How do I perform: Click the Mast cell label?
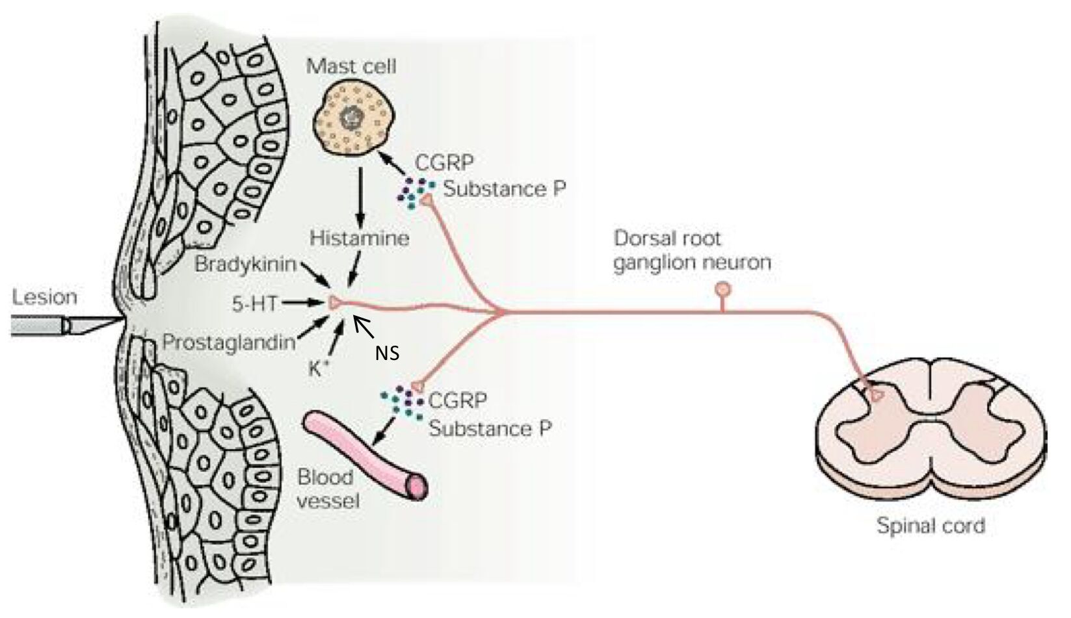351,66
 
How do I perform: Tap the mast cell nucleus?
352,117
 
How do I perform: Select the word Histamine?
360,238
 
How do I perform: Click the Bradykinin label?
246,264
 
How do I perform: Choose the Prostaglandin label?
229,342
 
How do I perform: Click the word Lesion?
44,297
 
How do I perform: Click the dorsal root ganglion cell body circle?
722,289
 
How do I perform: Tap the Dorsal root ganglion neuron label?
693,250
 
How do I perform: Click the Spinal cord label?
931,526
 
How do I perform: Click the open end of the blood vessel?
416,487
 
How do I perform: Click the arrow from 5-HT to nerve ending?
303,302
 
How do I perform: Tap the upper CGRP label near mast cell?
444,163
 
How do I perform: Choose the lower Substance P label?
490,428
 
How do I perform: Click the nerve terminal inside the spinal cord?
877,395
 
